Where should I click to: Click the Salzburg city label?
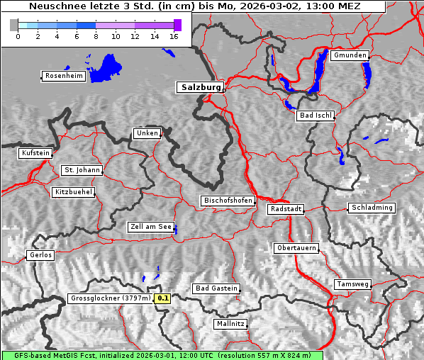[x=200, y=87]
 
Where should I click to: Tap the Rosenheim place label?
[x=63, y=76]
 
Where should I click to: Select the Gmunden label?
[x=350, y=55]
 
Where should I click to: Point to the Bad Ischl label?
[x=315, y=116]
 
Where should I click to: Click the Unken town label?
[x=146, y=133]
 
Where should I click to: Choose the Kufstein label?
[x=35, y=153]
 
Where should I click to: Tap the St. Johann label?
[x=82, y=170]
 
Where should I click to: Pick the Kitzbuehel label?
[x=72, y=192]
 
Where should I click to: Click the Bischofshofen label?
[x=227, y=201]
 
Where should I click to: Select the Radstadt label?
[x=286, y=209]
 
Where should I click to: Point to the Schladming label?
[x=371, y=208]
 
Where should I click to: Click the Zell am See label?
[x=150, y=227]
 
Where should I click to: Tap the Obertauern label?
[x=296, y=248]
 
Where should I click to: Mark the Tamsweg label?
[x=352, y=284]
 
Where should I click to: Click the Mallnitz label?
[x=230, y=324]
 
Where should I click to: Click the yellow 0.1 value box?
[x=163, y=298]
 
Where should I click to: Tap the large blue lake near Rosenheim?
[x=107, y=67]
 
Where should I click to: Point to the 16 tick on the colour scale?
[x=174, y=36]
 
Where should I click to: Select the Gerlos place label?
[x=40, y=255]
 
